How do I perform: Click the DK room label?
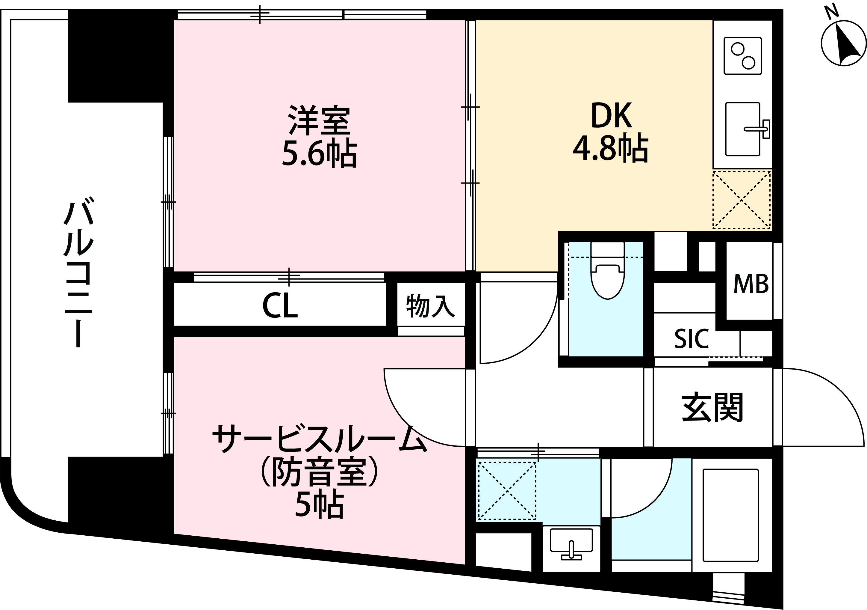click(x=611, y=116)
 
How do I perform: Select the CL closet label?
click(x=280, y=305)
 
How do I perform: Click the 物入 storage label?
click(x=430, y=305)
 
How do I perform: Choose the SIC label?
click(x=692, y=339)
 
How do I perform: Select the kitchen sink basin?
click(x=742, y=129)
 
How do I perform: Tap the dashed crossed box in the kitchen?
click(x=742, y=200)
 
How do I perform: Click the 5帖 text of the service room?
click(x=319, y=504)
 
